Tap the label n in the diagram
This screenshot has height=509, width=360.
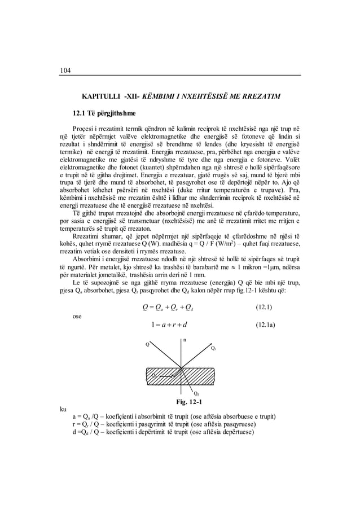184,340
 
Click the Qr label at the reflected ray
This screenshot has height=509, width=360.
212,349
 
